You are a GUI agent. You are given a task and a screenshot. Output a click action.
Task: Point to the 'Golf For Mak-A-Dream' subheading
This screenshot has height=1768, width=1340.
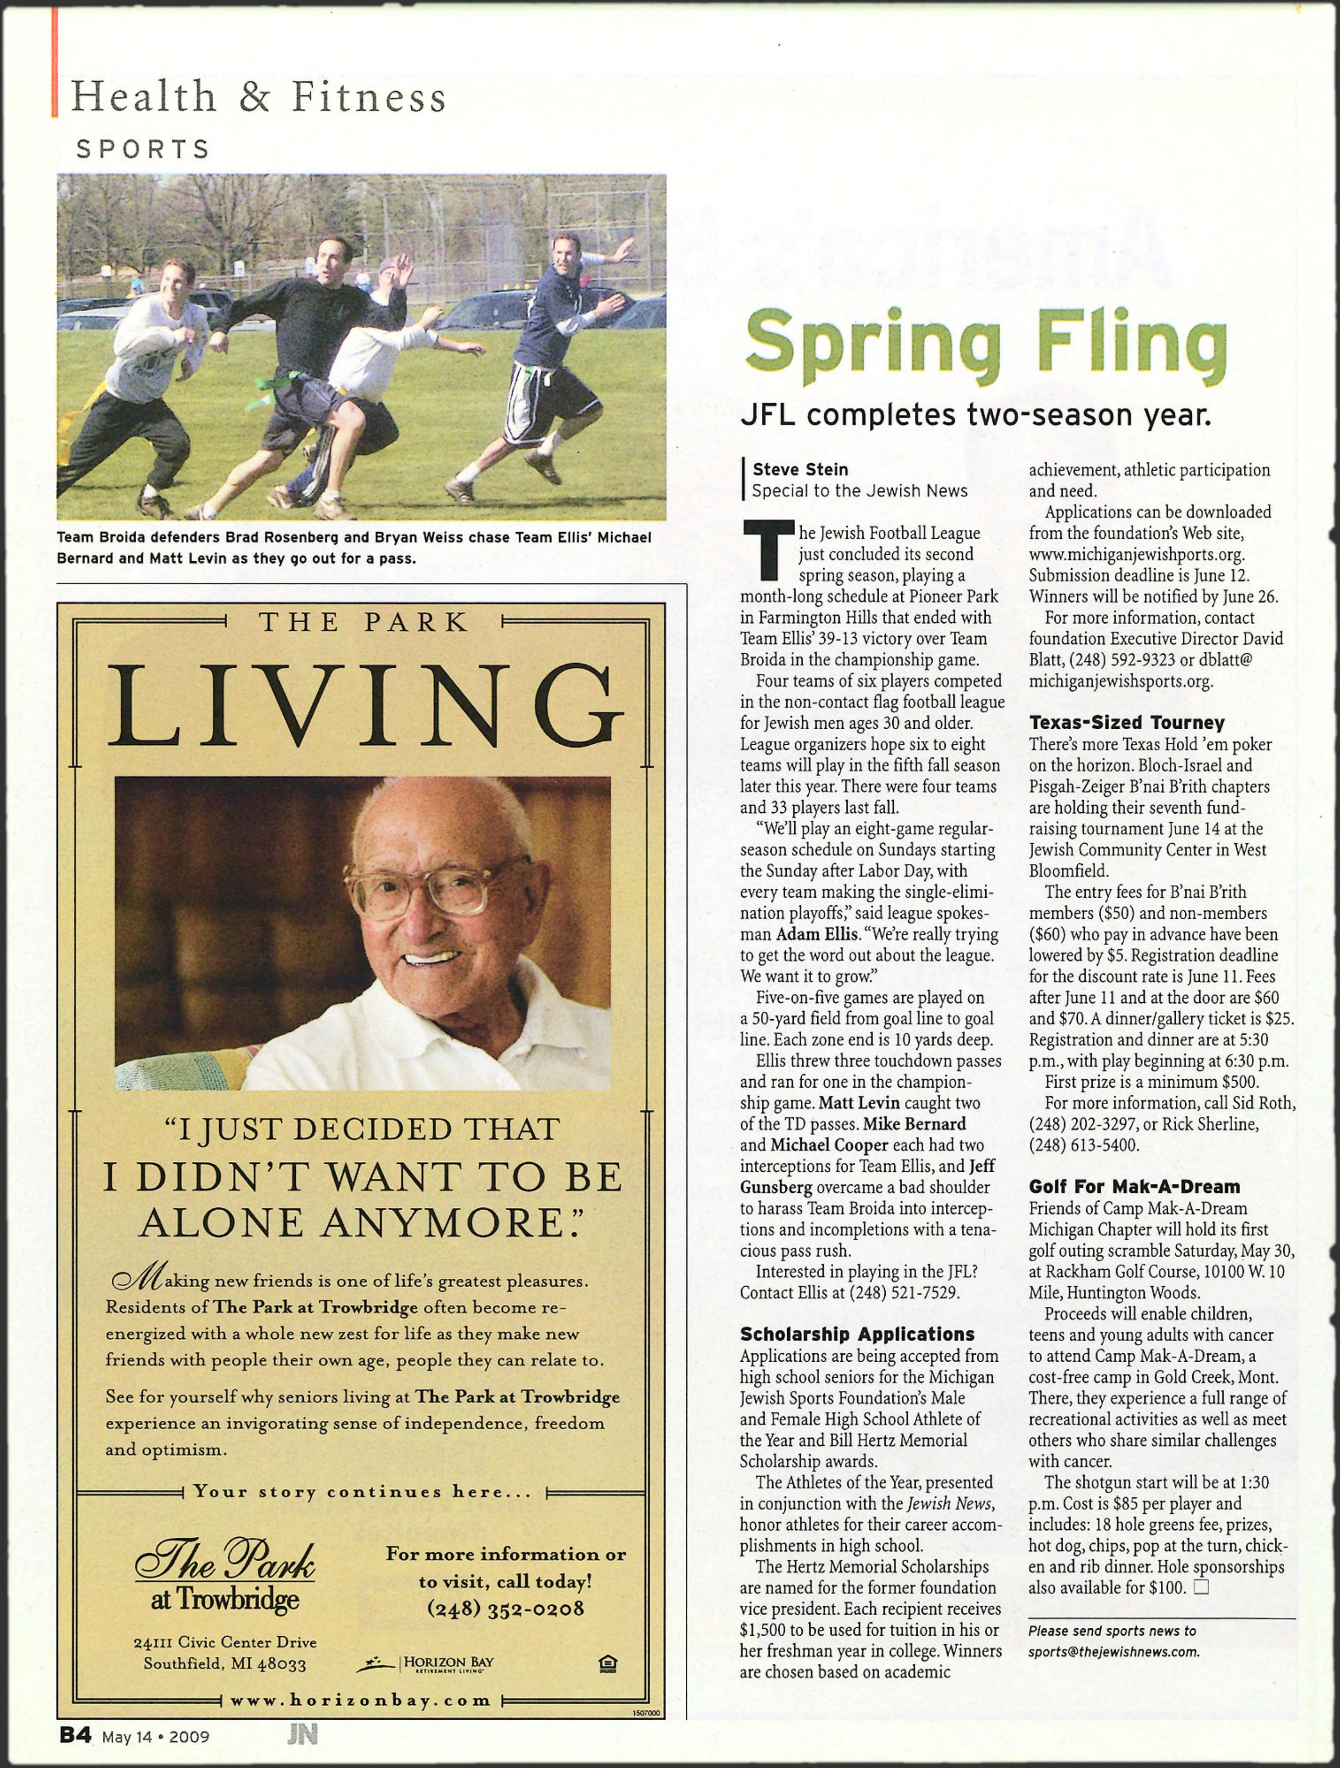(1134, 1187)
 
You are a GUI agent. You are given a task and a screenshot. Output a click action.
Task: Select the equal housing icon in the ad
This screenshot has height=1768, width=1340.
(608, 1664)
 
